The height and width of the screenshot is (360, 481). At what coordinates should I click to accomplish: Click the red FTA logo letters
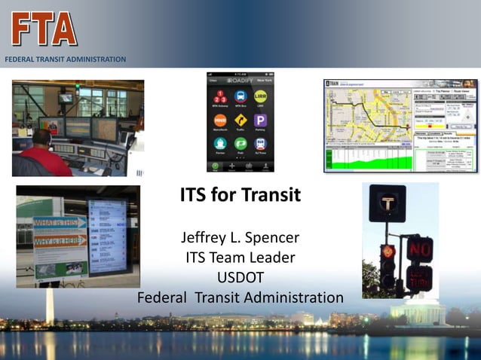[44, 29]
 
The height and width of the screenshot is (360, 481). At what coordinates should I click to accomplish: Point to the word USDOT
[240, 278]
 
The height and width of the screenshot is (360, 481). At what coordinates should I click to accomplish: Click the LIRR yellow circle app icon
[261, 96]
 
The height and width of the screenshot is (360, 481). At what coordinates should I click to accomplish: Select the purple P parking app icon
[261, 120]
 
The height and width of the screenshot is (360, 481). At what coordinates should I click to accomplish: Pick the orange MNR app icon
[220, 120]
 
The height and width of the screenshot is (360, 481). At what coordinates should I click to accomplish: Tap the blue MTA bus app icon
[240, 96]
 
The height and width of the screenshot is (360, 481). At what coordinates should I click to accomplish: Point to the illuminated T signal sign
[388, 203]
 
